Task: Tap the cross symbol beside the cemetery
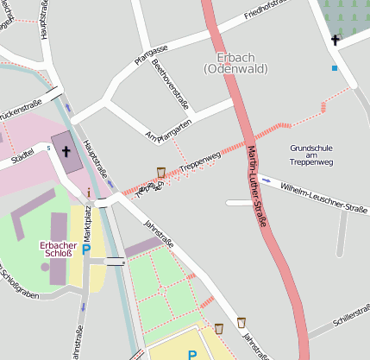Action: click(336, 39)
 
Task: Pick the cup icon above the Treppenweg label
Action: click(160, 173)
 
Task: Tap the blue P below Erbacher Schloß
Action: click(85, 250)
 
